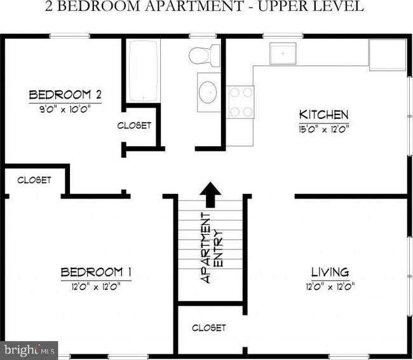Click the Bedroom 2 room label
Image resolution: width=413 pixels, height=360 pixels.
click(x=65, y=95)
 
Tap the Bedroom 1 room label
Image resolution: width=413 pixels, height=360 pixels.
click(x=95, y=273)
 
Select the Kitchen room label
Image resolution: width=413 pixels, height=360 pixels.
click(x=323, y=114)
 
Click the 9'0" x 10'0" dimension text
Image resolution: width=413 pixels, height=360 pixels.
click(x=65, y=108)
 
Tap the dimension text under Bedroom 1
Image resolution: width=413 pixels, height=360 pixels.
click(x=95, y=286)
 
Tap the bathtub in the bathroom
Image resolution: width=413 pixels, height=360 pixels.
click(x=143, y=71)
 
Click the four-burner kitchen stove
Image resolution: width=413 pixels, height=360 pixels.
click(x=240, y=102)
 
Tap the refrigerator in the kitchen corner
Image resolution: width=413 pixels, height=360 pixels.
click(x=387, y=55)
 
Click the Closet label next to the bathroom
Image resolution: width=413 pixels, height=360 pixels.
click(x=134, y=125)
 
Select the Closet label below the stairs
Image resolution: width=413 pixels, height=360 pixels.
click(x=208, y=328)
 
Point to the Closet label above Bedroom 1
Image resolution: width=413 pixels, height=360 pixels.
click(x=34, y=180)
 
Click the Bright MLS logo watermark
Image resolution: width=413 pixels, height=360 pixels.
click(x=29, y=349)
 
